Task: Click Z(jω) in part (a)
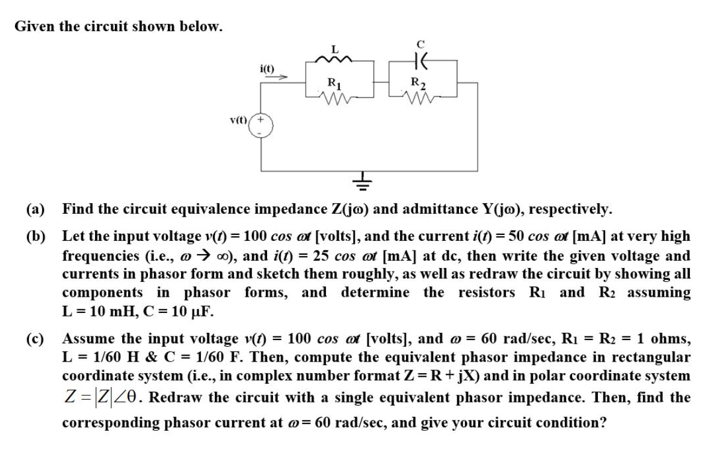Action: point(348,210)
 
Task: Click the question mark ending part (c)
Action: point(602,422)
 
